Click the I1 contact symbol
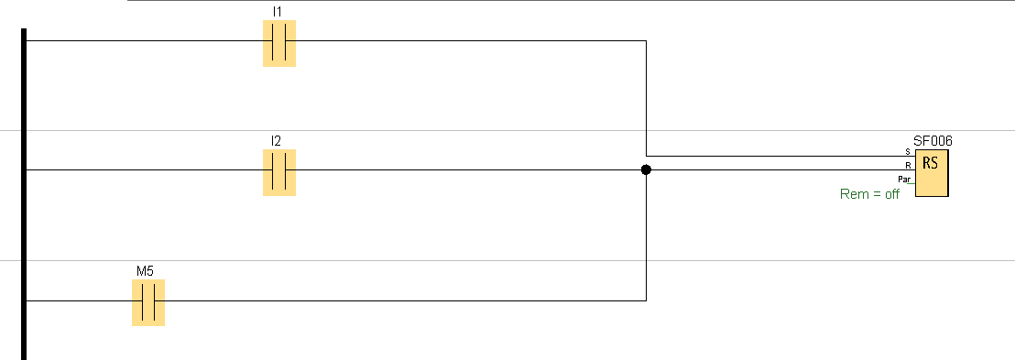tap(279, 43)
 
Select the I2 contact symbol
tap(279, 172)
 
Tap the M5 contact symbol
tap(148, 302)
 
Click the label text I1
tap(277, 12)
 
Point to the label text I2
tap(277, 141)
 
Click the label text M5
tap(145, 270)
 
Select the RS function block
tap(932, 173)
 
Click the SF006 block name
tap(933, 141)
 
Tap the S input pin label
tap(908, 151)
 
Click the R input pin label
tap(908, 165)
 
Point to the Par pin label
tap(903, 179)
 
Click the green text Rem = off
tap(869, 193)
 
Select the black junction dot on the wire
tap(646, 169)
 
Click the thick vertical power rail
tap(24, 194)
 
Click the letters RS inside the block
tap(930, 162)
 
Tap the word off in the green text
tap(892, 193)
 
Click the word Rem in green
tap(853, 193)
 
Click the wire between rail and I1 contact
tap(145, 41)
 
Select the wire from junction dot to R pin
tap(780, 169)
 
